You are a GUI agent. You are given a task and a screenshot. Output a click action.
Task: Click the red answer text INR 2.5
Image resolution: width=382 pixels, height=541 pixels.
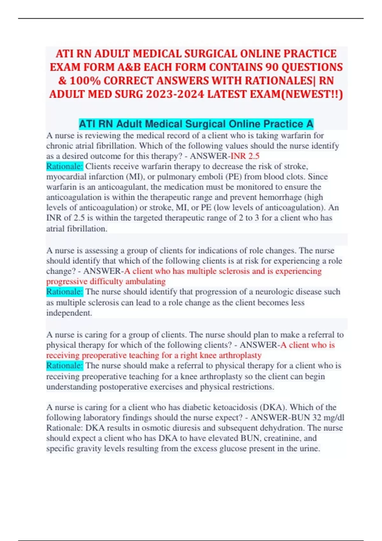click(x=245, y=156)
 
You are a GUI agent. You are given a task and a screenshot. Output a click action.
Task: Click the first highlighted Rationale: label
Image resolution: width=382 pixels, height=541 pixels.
click(x=65, y=166)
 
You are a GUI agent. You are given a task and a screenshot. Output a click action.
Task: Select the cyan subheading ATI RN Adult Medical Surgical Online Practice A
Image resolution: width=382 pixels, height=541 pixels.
click(x=196, y=124)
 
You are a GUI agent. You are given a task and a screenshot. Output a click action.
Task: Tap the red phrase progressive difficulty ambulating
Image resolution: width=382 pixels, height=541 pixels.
click(x=106, y=281)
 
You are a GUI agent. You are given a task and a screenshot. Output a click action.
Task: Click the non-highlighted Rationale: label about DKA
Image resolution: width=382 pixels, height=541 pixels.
click(x=65, y=428)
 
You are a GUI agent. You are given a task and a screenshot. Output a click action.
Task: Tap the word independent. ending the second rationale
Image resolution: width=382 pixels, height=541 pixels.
click(x=69, y=313)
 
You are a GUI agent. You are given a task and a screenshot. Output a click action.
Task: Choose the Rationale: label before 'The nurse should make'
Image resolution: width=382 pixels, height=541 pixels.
click(x=65, y=366)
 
